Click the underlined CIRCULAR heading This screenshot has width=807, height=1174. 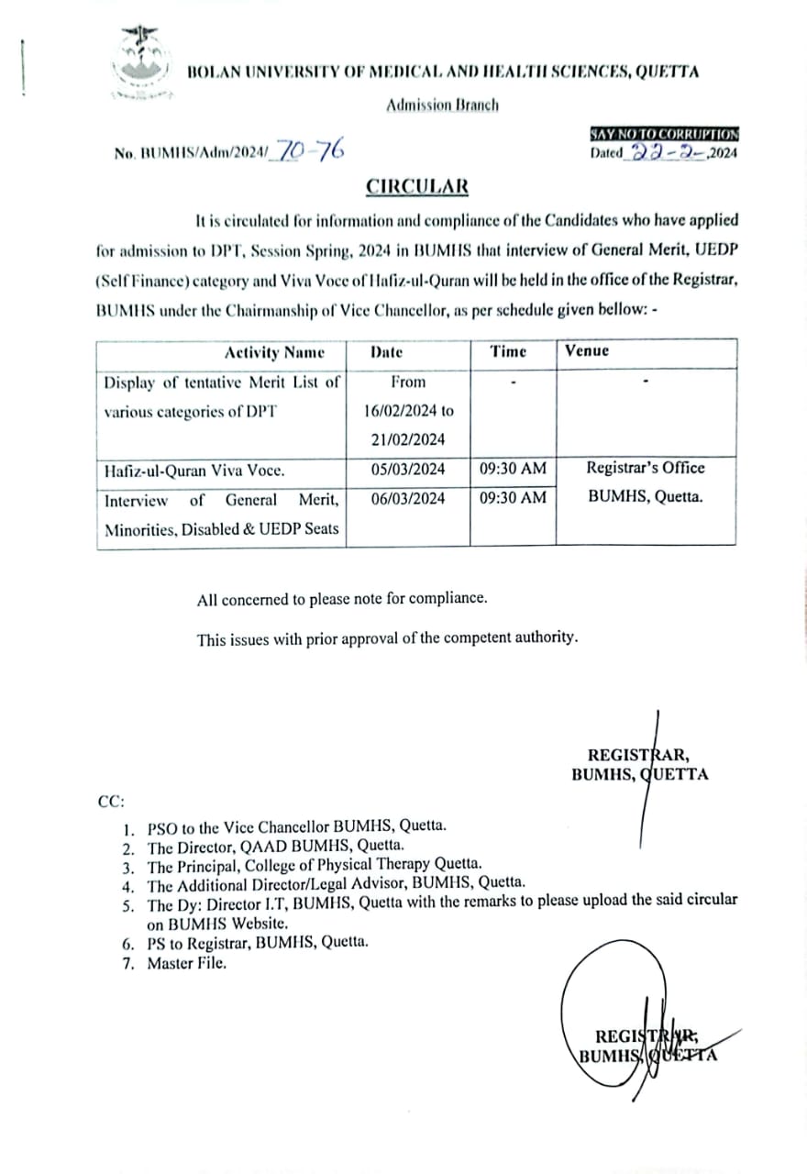(417, 186)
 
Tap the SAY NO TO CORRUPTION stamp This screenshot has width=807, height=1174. (665, 134)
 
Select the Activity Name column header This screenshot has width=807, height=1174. (274, 352)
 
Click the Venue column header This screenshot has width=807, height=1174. (587, 350)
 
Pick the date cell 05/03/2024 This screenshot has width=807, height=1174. (408, 469)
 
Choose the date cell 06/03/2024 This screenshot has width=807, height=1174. (408, 498)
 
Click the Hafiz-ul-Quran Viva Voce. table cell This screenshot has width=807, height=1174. (194, 471)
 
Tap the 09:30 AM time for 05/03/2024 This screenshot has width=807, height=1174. (513, 469)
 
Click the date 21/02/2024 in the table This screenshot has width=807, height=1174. (408, 439)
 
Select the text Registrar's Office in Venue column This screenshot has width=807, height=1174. (646, 468)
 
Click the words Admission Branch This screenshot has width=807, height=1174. (442, 105)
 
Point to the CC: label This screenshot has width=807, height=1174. (111, 801)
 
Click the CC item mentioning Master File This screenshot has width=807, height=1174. (185, 963)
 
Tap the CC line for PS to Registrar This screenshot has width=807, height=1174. (258, 943)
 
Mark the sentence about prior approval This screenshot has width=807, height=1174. (387, 638)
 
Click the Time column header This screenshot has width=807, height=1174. (508, 351)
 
